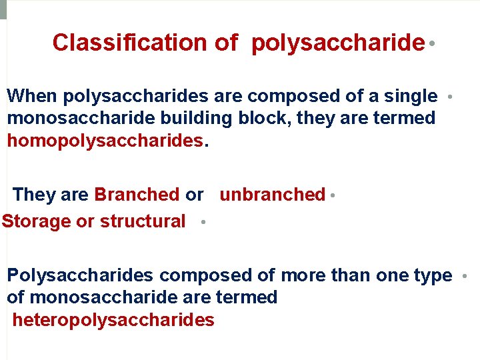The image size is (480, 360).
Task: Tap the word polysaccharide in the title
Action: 338,43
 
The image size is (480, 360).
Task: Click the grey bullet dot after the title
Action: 433,43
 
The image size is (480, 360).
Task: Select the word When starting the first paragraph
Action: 32,96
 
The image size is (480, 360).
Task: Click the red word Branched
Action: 137,195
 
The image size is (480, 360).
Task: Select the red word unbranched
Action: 272,195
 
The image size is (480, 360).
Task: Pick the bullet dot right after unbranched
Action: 332,196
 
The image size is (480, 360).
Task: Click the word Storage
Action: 36,221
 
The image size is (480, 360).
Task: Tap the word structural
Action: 143,221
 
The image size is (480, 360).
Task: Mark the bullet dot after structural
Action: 201,223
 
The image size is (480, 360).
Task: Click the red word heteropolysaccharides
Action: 113,320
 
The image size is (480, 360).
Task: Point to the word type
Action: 432,275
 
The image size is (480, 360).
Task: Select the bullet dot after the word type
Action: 464,275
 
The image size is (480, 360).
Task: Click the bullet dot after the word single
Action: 451,97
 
